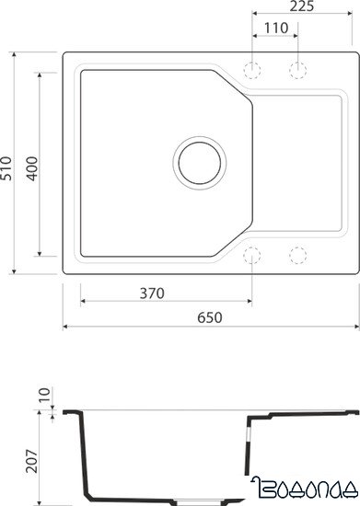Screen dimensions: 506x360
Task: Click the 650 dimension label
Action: [x=210, y=316]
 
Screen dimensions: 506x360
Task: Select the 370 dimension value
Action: [x=152, y=293]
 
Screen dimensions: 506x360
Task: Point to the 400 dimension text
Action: [x=31, y=163]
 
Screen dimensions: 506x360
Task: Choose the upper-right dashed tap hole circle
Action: [x=296, y=69]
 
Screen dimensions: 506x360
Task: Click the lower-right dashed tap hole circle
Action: [x=296, y=255]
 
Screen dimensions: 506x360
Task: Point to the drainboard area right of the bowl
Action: [x=295, y=162]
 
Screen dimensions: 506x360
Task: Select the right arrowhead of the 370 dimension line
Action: [x=250, y=302]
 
